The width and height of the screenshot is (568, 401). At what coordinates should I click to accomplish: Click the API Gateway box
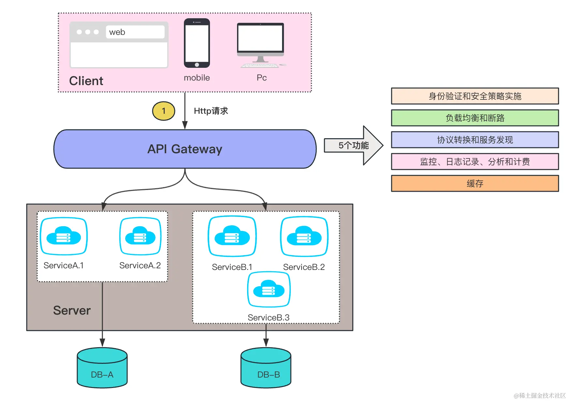pyautogui.click(x=185, y=149)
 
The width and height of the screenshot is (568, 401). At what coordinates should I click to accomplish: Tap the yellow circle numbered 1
pyautogui.click(x=164, y=111)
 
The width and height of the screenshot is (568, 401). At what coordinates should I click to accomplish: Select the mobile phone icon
pyautogui.click(x=197, y=43)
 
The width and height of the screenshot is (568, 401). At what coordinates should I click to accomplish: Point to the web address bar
pyautogui.click(x=135, y=32)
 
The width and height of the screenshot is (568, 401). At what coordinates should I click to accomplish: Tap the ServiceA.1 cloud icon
pyautogui.click(x=64, y=236)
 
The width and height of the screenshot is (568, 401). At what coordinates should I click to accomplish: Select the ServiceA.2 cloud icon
pyautogui.click(x=140, y=236)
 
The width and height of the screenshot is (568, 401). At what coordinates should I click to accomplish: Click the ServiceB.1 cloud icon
pyautogui.click(x=232, y=236)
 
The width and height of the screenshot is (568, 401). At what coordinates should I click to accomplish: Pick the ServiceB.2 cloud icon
pyautogui.click(x=304, y=236)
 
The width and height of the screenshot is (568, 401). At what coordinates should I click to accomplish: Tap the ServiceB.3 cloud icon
pyautogui.click(x=269, y=289)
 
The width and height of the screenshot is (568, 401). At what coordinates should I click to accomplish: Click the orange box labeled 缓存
pyautogui.click(x=475, y=184)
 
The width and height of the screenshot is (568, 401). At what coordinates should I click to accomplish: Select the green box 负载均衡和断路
pyautogui.click(x=475, y=118)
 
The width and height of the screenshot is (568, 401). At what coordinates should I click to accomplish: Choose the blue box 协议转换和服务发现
pyautogui.click(x=475, y=140)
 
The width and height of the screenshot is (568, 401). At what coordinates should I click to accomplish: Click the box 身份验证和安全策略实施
pyautogui.click(x=475, y=96)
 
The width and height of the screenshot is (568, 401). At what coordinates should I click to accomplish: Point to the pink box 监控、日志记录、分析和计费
pyautogui.click(x=475, y=162)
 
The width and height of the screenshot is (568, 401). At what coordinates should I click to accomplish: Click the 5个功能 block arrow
pyautogui.click(x=353, y=145)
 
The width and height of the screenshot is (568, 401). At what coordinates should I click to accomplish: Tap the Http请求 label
pyautogui.click(x=211, y=111)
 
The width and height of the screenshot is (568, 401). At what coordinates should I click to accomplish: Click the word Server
pyautogui.click(x=72, y=310)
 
